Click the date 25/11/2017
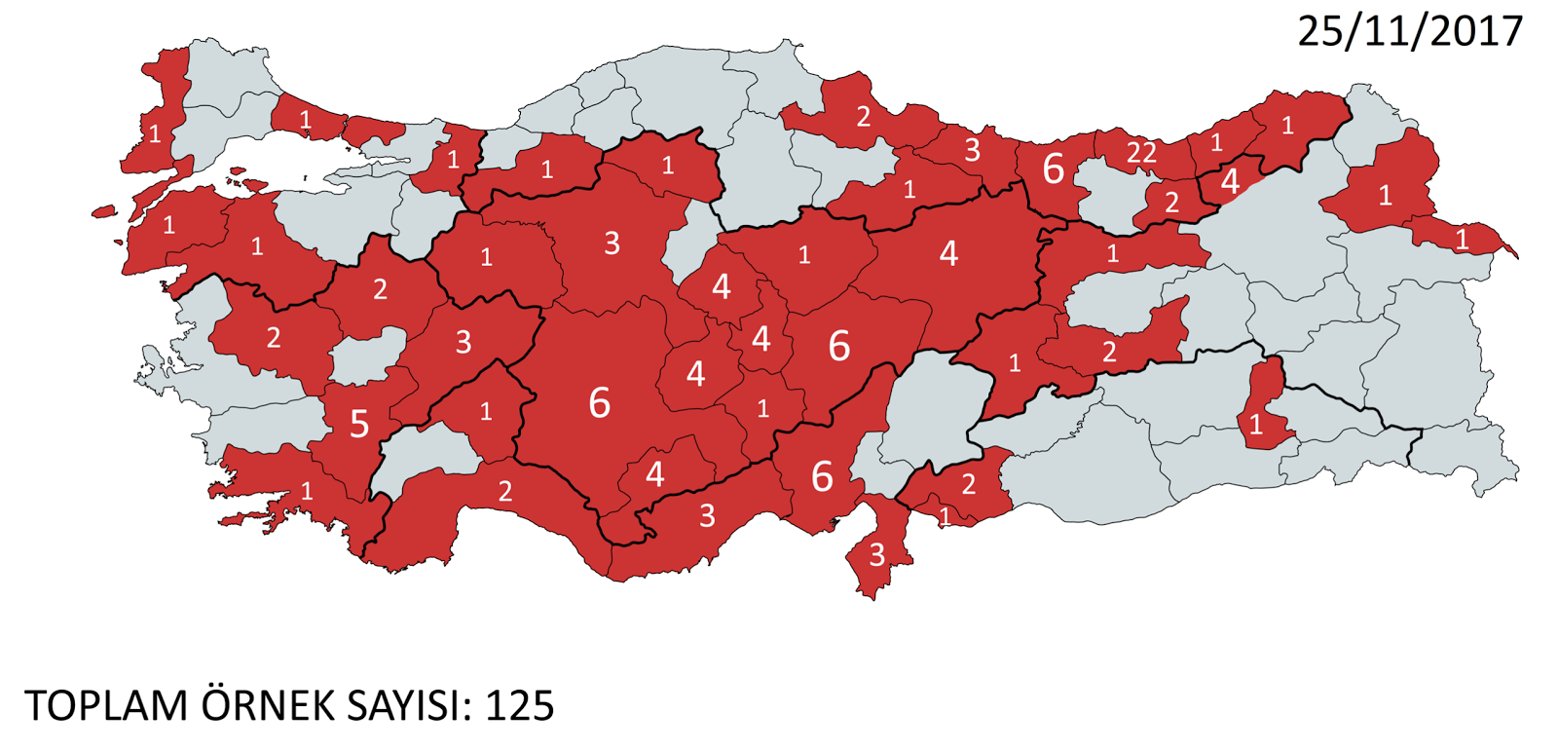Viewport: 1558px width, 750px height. (1409, 31)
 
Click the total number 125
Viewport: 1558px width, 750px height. (519, 705)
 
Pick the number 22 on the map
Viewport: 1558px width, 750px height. (1141, 153)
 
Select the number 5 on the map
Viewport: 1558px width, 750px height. (359, 424)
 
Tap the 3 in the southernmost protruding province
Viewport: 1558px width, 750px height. (876, 555)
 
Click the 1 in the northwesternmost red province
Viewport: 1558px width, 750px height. (155, 133)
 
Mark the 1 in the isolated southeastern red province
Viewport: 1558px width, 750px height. (1255, 425)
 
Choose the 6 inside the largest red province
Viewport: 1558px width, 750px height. (599, 402)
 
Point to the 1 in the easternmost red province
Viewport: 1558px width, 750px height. (1461, 240)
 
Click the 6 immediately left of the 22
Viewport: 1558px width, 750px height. (1053, 169)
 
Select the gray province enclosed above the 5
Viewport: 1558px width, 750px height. (368, 356)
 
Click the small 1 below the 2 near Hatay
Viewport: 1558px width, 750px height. (945, 516)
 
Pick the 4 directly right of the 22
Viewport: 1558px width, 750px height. (1230, 181)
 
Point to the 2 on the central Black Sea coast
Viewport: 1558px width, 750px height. (863, 117)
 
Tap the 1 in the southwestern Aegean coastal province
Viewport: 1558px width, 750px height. (307, 490)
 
